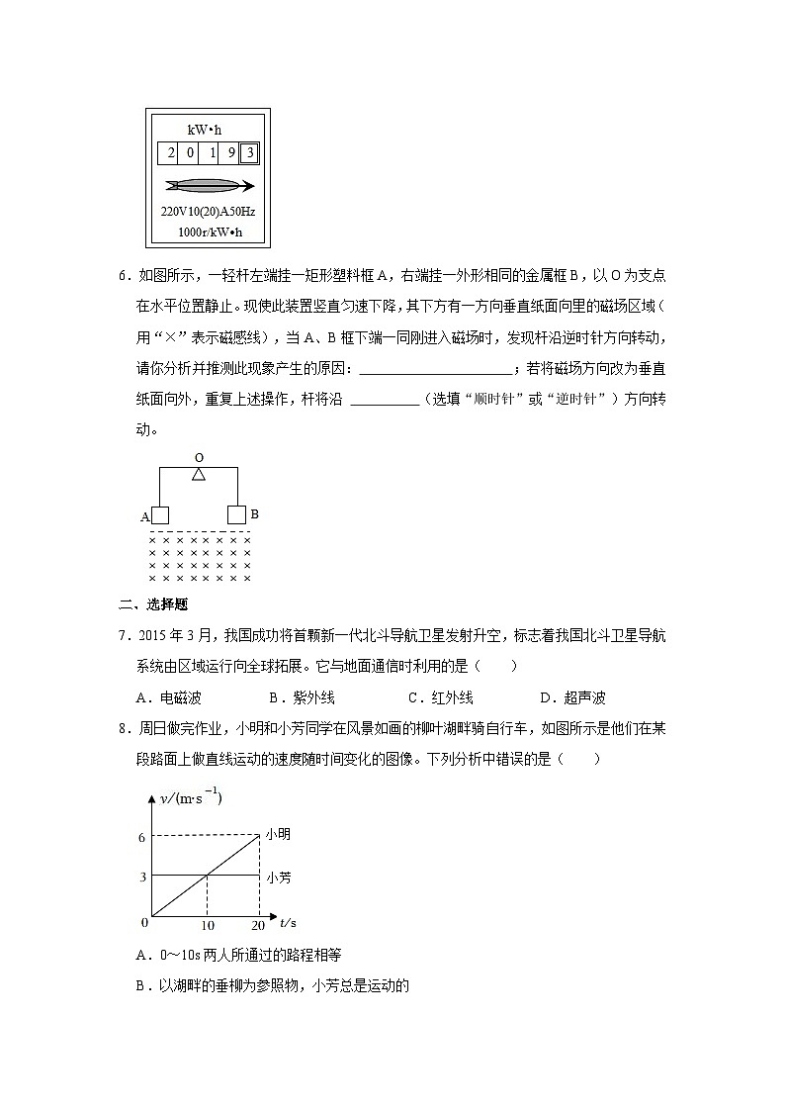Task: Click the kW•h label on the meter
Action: (206, 130)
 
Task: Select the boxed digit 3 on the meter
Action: (250, 153)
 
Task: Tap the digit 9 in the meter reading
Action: (230, 153)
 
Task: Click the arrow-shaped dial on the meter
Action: (210, 186)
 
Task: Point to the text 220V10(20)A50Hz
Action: (209, 212)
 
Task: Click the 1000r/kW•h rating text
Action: (210, 233)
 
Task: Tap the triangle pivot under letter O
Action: (199, 475)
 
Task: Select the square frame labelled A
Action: (159, 514)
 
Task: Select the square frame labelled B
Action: (236, 514)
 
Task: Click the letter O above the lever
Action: (199, 458)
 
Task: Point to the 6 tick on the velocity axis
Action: (142, 837)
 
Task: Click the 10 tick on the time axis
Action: (207, 925)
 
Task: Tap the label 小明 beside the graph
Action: (278, 836)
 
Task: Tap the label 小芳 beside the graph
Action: (278, 877)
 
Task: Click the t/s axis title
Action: (289, 922)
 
